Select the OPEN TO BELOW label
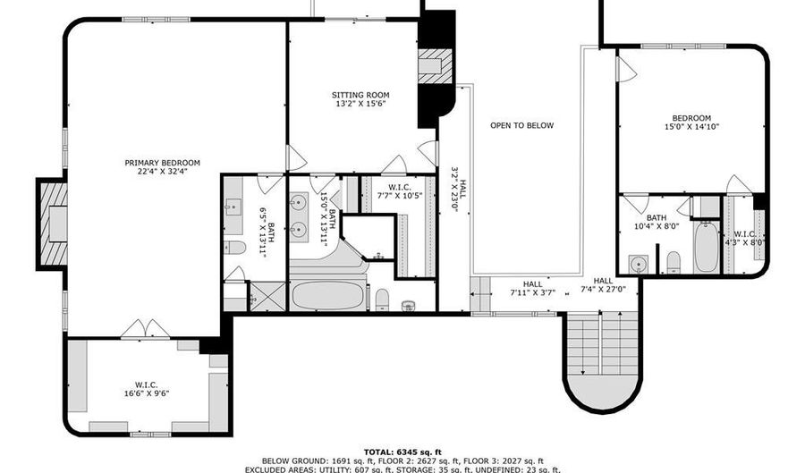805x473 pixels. [521, 126]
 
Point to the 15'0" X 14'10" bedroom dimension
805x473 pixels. [691, 127]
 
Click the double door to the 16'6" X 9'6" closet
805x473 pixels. [145, 330]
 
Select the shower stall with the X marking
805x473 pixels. [266, 295]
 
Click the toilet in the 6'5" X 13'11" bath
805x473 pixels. [235, 247]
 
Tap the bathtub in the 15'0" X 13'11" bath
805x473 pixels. [328, 295]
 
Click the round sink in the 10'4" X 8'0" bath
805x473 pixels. [639, 263]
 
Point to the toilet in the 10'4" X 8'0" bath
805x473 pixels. [674, 261]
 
